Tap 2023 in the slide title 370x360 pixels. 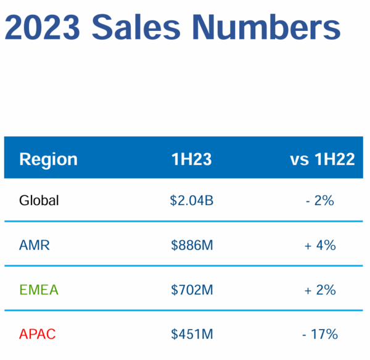(x=41, y=28)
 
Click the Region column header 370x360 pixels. (x=48, y=159)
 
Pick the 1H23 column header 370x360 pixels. (x=192, y=159)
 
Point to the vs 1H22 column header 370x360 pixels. (x=322, y=159)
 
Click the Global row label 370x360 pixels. (x=39, y=201)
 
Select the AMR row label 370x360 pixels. (x=35, y=245)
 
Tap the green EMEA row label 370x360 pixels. (x=38, y=290)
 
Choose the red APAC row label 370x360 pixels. (x=37, y=334)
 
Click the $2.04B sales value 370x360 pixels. (x=192, y=201)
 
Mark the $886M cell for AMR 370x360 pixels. (x=192, y=245)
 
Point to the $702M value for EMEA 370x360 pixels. (x=192, y=290)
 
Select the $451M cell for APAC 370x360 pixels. (x=192, y=334)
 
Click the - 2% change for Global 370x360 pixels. (x=319, y=201)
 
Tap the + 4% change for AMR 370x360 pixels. (x=319, y=245)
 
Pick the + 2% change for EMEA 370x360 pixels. (x=319, y=290)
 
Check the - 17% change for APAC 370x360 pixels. (x=319, y=334)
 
